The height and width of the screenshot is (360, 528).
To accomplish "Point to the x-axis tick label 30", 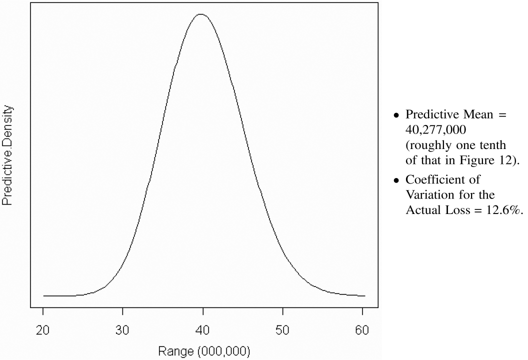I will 123,330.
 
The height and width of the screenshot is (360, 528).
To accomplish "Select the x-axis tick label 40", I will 203,330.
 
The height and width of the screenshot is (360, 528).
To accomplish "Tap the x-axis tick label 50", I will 283,330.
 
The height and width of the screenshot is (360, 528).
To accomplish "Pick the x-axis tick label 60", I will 363,330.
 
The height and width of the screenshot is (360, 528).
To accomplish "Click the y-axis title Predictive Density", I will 7,155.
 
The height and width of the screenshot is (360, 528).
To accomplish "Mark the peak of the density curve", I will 200,14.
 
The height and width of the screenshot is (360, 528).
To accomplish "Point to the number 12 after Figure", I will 503,161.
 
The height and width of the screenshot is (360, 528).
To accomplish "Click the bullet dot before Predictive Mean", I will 396,115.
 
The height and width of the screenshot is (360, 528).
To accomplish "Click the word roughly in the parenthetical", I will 426,145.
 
